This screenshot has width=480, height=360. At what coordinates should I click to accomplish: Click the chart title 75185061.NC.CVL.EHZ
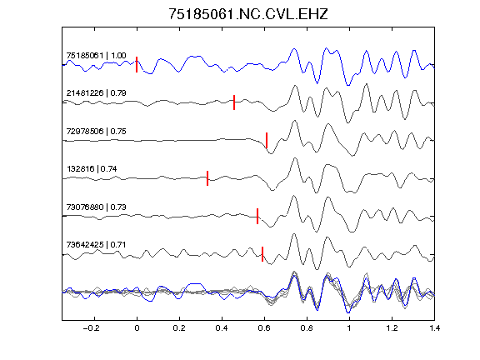coord(248,14)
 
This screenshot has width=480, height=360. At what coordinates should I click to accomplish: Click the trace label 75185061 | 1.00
coord(96,55)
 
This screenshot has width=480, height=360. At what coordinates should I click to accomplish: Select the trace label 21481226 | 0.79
coord(96,93)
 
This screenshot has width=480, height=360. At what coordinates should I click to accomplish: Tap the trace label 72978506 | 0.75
coord(96,132)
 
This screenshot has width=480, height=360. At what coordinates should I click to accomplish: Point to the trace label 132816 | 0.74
coord(92,169)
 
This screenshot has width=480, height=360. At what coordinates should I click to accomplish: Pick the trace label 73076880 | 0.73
coord(96,207)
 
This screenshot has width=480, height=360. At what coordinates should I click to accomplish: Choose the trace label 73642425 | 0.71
coord(96,245)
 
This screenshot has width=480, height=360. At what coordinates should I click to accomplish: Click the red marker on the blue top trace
coord(137,65)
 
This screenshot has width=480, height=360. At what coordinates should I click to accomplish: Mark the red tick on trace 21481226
coord(234,102)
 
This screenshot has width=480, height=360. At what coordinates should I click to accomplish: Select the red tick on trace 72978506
coord(267,140)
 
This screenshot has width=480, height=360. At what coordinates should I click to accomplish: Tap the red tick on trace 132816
coord(207,178)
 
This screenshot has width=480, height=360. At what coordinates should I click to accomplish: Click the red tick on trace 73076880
coord(257,216)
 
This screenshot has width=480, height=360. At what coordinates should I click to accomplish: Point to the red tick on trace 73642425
coord(262,254)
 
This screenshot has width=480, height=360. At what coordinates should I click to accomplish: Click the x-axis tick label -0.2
coord(92,328)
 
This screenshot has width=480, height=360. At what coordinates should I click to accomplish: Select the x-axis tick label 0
coord(137,328)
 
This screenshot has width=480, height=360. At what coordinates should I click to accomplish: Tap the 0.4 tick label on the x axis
coord(222,328)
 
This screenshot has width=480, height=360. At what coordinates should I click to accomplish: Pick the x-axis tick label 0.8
coord(307,328)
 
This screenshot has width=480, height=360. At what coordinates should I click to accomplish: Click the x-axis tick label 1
coord(349,328)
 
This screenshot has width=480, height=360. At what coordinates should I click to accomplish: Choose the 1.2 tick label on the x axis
coord(392,328)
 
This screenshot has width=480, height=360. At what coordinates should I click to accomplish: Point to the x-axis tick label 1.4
coord(434,328)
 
